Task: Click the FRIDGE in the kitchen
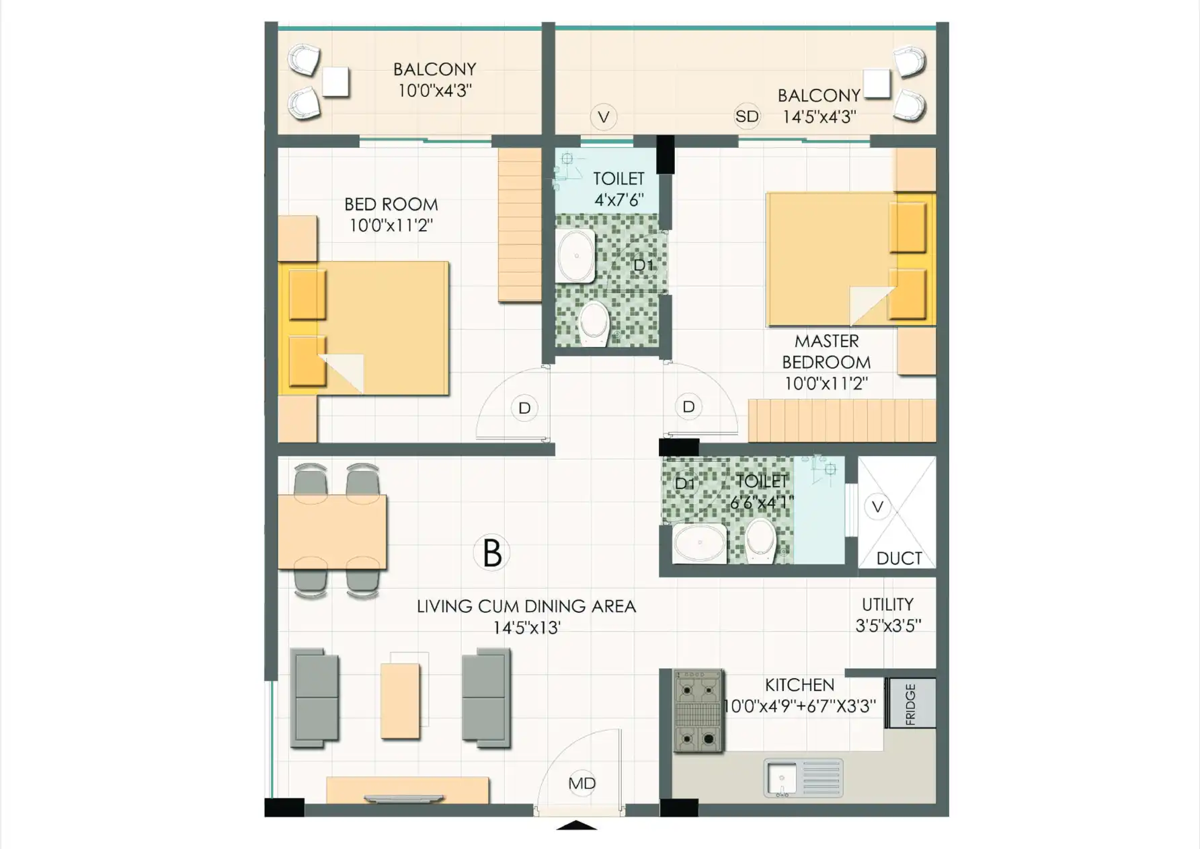[911, 703]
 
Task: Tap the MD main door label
[582, 783]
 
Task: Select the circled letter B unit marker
[491, 553]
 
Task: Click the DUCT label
[899, 558]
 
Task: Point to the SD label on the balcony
[747, 116]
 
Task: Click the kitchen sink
[803, 778]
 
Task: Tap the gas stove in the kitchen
[698, 710]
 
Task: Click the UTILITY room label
[887, 604]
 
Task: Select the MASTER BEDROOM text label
[826, 351]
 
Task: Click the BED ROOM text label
[391, 204]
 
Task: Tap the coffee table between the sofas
[400, 701]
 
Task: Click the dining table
[332, 531]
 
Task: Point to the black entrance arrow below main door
[576, 825]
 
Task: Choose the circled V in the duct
[877, 507]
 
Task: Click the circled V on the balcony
[604, 117]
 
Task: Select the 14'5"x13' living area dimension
[526, 628]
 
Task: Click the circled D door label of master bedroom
[688, 406]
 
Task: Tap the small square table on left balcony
[335, 82]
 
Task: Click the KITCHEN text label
[799, 685]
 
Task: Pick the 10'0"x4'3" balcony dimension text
[434, 90]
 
